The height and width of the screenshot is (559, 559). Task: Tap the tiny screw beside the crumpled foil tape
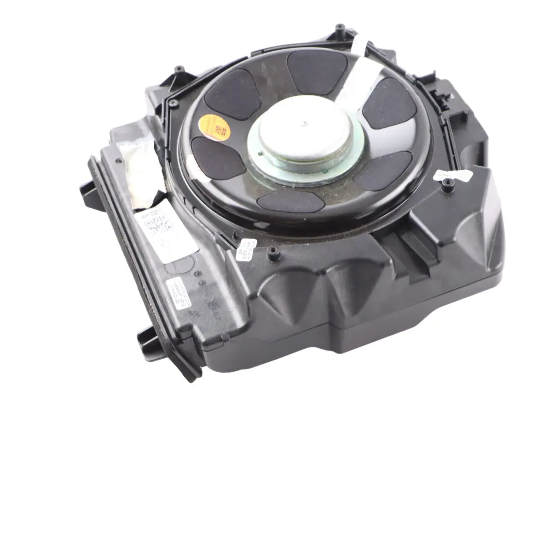(120, 161)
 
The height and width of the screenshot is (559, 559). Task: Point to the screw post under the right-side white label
(448, 183)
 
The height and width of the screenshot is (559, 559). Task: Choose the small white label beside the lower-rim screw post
(246, 249)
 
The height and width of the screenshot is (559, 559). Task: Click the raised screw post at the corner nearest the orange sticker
(179, 69)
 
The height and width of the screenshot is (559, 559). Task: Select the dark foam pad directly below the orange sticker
(217, 158)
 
